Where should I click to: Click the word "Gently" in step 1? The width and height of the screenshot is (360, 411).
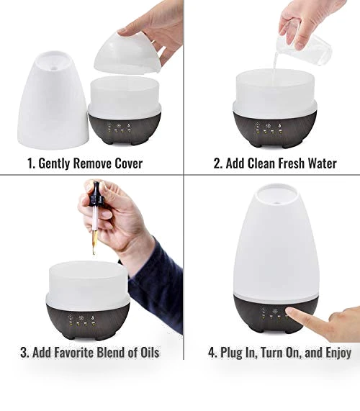(x=54, y=163)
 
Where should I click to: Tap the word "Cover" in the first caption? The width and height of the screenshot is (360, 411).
(x=129, y=163)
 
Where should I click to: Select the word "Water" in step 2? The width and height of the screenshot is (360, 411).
(x=323, y=163)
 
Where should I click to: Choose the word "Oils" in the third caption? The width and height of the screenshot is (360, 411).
(x=150, y=352)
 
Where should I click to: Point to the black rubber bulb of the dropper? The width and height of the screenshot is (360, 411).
(x=94, y=194)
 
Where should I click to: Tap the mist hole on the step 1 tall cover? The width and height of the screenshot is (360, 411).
(x=54, y=68)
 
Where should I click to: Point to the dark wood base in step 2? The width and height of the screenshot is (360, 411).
(x=275, y=129)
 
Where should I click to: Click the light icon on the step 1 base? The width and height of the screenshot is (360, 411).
(x=119, y=126)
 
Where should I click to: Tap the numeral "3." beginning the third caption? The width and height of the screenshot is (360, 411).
(x=25, y=352)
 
